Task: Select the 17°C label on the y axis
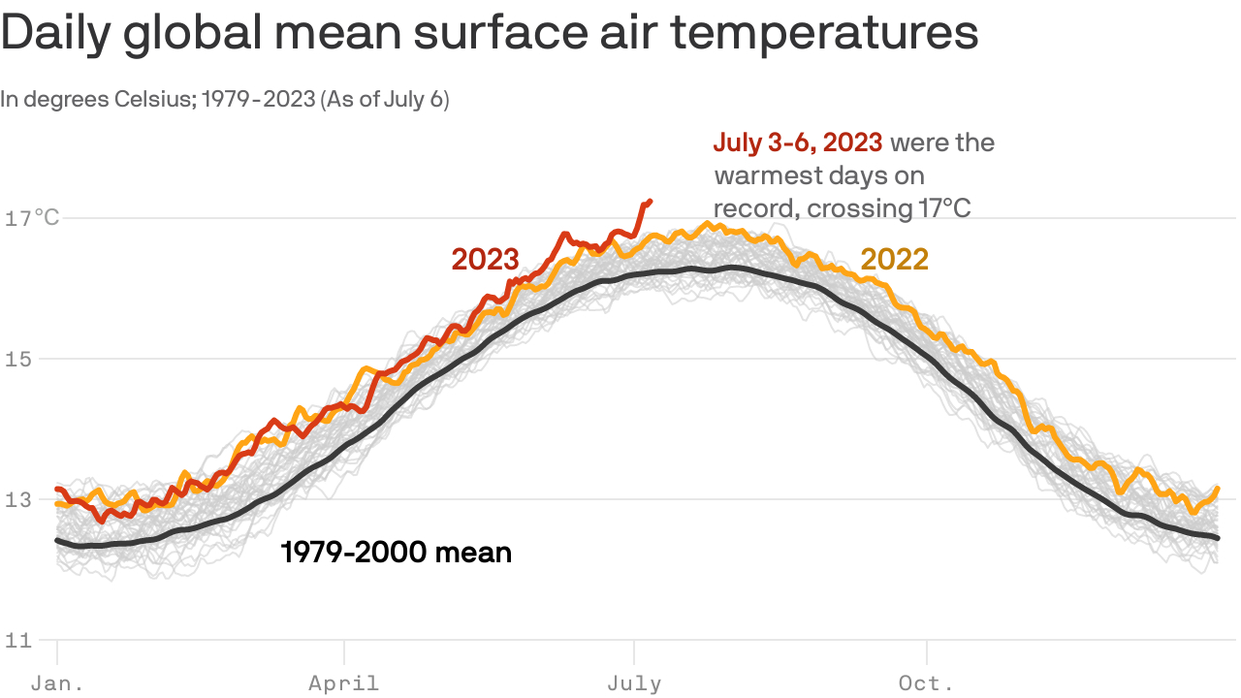pos(32,218)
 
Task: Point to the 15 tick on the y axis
pos(19,359)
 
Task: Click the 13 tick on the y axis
pos(19,499)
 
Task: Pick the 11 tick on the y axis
pos(19,640)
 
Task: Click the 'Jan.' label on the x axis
pos(57,683)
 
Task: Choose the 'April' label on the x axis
pos(343,683)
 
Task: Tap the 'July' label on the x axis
pos(634,683)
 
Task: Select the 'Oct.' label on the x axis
pos(927,683)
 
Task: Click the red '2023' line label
pos(485,259)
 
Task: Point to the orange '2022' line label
pos(895,259)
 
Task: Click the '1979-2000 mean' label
pos(396,554)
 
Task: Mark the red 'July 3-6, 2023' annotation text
pos(798,143)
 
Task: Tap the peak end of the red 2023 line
pos(650,201)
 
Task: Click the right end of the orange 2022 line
pos(1217,489)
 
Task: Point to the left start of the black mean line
pos(57,540)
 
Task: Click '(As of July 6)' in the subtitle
pos(384,100)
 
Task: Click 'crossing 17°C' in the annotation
pos(888,208)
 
